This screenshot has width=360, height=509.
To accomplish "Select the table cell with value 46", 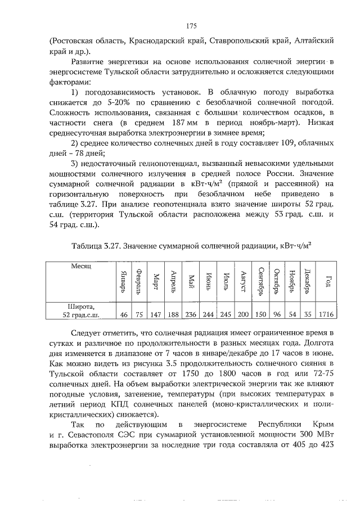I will pyautogui.click(x=124, y=314).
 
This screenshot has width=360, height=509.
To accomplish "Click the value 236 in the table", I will pyautogui.click(x=192, y=314).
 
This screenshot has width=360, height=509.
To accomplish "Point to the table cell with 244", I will pyautogui.click(x=209, y=314).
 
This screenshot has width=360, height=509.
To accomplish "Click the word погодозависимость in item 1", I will pyautogui.click(x=125, y=92).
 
